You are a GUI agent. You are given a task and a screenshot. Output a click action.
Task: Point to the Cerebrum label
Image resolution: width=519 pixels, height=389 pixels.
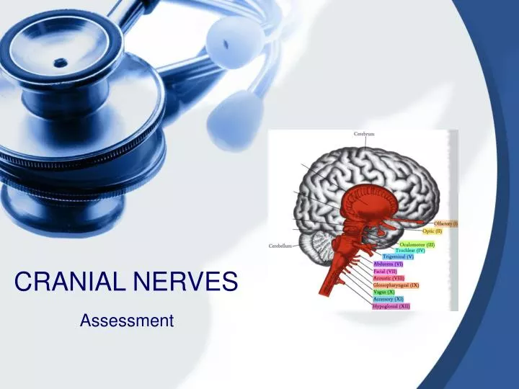[x=363, y=134]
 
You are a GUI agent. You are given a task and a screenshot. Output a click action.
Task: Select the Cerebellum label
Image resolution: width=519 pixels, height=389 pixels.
[x=281, y=246]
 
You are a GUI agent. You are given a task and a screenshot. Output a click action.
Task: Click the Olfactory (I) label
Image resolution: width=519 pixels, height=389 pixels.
[x=445, y=224]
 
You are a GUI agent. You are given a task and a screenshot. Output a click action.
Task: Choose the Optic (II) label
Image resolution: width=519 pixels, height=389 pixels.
[x=432, y=231]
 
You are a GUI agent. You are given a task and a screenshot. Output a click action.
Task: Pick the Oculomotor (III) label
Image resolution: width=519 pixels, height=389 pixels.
[x=417, y=244]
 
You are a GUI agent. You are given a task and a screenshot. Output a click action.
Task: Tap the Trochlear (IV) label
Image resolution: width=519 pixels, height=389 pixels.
[x=410, y=250]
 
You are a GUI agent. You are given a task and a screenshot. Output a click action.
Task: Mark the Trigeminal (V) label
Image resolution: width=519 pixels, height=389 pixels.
[x=398, y=256]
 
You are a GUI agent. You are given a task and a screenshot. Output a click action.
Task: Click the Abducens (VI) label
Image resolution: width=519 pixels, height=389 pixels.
[x=388, y=264]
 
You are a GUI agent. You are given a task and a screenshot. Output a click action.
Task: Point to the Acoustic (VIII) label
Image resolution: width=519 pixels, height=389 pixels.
[x=388, y=278]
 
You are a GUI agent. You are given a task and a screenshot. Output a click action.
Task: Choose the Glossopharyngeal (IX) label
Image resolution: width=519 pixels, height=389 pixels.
[x=396, y=285]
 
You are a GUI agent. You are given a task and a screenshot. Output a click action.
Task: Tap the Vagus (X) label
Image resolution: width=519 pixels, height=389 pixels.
[x=383, y=292]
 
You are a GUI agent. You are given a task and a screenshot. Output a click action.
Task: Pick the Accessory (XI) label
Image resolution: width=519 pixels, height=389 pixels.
[x=388, y=299]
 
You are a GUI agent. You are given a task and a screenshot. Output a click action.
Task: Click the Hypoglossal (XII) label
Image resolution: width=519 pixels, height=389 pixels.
[x=391, y=306]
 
